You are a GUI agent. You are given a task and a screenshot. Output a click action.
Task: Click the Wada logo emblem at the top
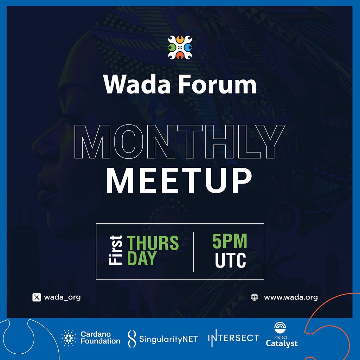click(x=180, y=47)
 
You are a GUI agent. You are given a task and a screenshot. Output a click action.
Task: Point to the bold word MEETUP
click(x=179, y=181)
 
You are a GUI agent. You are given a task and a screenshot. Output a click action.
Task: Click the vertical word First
click(x=116, y=250)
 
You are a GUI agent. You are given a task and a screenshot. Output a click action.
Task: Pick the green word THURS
click(x=153, y=243)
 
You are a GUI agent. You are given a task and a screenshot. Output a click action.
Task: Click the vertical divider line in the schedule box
click(x=194, y=251)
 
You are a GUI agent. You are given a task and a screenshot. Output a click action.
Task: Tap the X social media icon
click(x=37, y=297)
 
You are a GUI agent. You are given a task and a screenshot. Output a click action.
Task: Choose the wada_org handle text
click(x=62, y=297)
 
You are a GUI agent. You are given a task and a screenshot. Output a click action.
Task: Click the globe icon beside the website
click(x=255, y=297)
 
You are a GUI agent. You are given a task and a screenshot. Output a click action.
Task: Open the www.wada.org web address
click(x=291, y=297)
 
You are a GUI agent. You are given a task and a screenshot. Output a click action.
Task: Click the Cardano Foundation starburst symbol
click(x=68, y=338)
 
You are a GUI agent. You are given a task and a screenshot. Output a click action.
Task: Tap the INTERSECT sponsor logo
click(x=233, y=338)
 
